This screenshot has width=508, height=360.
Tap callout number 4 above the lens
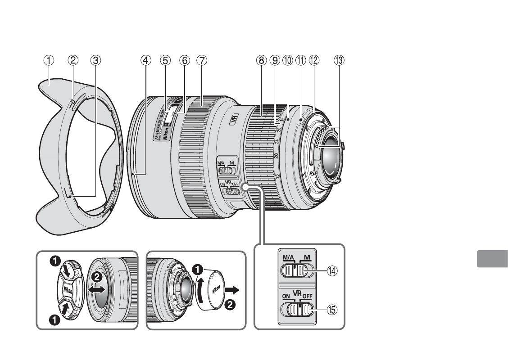point(145,59)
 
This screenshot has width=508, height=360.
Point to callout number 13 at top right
point(339,59)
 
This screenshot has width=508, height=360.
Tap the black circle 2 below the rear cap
point(229,306)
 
